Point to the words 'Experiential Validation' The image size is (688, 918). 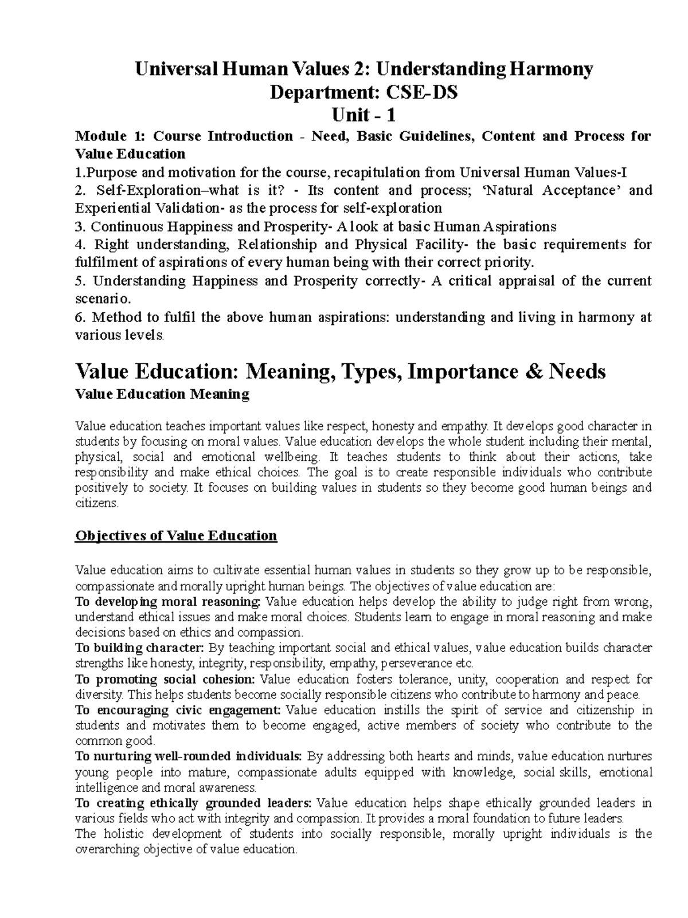click(146, 208)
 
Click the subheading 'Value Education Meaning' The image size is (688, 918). click(162, 394)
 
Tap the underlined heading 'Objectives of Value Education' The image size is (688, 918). click(176, 536)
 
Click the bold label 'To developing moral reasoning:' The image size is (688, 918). click(168, 602)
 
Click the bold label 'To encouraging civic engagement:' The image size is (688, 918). click(178, 711)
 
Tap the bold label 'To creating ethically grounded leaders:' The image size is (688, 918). click(194, 803)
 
